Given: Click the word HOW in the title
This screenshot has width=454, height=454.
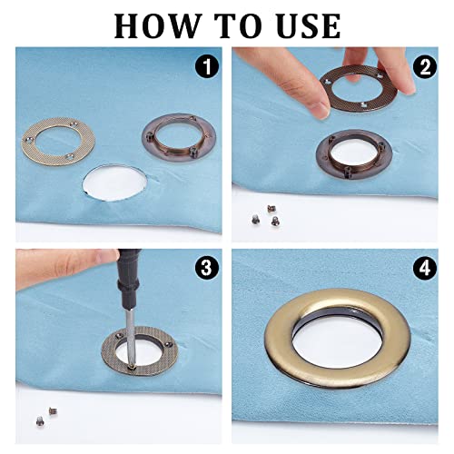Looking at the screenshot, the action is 157,25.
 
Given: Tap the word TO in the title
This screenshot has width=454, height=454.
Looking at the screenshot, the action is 239,25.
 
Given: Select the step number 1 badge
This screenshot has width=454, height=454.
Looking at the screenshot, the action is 207,67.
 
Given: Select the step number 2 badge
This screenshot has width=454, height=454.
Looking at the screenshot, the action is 425,67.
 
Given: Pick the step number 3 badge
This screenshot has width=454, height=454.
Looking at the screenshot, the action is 206,267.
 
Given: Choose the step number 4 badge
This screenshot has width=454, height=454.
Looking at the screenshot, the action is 425,268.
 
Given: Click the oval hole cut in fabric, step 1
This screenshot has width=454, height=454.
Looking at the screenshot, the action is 115,183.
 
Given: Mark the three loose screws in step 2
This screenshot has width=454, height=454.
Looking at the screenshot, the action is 265,215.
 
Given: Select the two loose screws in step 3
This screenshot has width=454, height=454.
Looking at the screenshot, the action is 46,415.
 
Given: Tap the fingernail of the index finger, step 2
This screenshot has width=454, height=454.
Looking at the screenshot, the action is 321,110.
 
